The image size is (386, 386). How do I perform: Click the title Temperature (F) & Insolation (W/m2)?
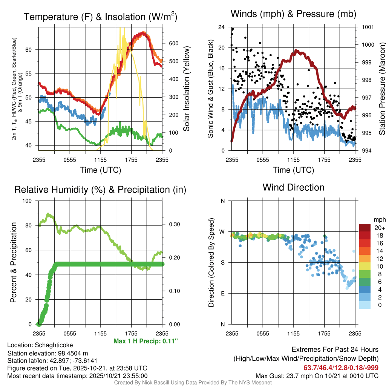(x=100, y=17)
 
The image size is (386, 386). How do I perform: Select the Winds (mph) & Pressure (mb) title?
(x=293, y=14)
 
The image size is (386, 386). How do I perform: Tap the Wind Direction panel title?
(x=293, y=187)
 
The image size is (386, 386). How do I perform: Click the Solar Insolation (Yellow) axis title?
(x=186, y=89)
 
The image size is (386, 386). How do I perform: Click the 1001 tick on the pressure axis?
(x=367, y=27)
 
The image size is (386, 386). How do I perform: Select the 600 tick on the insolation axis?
(x=173, y=43)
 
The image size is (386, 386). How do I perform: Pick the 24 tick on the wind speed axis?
(x=222, y=27)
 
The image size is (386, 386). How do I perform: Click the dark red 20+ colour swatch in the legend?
(x=366, y=228)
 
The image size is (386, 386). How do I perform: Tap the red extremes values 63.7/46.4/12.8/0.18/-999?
(x=341, y=368)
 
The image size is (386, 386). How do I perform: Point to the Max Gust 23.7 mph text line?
(x=317, y=375)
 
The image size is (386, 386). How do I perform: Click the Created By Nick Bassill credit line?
(x=193, y=383)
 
